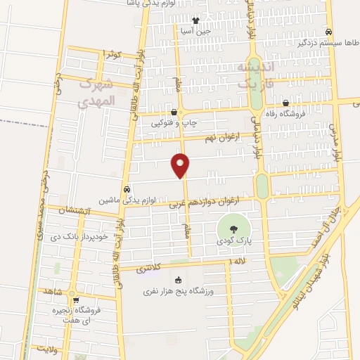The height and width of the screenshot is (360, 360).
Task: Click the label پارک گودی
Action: tap(233, 241)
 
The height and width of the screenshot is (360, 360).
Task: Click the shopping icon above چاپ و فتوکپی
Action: tap(174, 112)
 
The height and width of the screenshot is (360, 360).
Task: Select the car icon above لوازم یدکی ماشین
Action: tap(127, 189)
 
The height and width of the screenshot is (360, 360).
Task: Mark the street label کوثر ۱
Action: tap(112, 54)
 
